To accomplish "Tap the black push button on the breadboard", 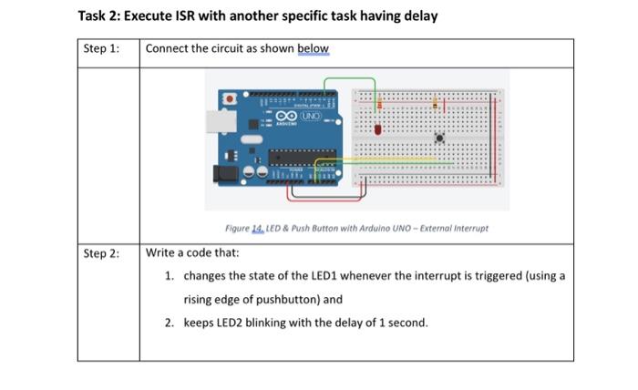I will click(439, 139).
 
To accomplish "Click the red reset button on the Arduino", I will click(231, 97).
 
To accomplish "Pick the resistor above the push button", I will click(437, 102).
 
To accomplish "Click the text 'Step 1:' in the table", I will click(101, 49).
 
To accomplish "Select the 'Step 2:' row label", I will click(101, 253).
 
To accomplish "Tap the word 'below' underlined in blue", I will click(312, 49).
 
